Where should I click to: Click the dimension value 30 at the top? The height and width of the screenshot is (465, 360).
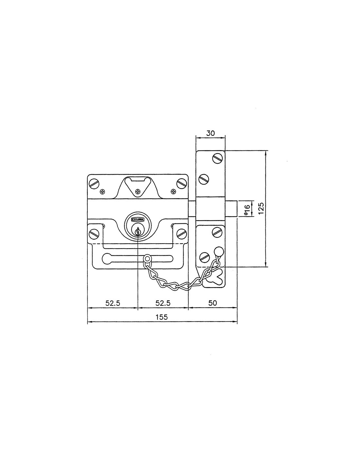210,133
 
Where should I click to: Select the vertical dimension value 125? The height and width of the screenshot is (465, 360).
261,208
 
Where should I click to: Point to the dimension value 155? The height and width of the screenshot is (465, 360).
162,317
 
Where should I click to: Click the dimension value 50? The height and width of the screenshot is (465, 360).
212,303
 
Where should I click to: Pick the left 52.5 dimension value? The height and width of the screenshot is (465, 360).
113,303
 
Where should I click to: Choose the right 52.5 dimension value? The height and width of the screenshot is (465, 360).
163,303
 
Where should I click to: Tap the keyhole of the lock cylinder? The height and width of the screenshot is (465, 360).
138,231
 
